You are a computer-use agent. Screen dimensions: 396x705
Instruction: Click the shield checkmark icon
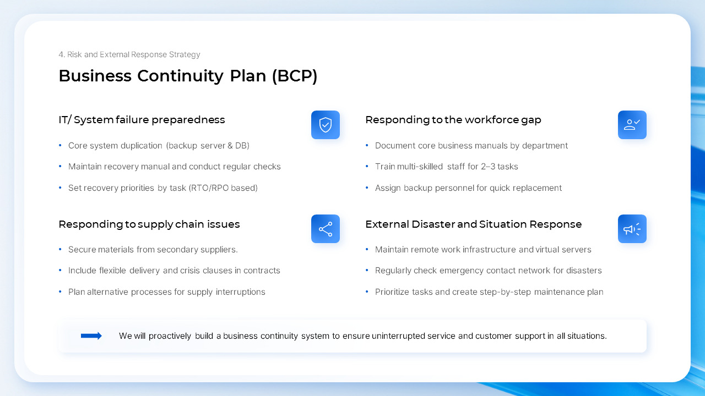pyautogui.click(x=326, y=125)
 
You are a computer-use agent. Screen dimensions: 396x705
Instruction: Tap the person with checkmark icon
pyautogui.click(x=632, y=125)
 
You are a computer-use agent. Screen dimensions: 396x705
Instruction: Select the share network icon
pyautogui.click(x=326, y=229)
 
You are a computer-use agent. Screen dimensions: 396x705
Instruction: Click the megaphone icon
pyautogui.click(x=632, y=229)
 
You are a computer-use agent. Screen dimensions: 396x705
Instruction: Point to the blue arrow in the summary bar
pyautogui.click(x=91, y=336)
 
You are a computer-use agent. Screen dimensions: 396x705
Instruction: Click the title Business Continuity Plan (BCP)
pyautogui.click(x=188, y=76)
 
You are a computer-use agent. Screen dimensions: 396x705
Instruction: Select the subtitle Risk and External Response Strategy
pyautogui.click(x=129, y=54)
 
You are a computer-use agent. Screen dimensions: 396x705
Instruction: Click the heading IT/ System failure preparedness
pyautogui.click(x=142, y=120)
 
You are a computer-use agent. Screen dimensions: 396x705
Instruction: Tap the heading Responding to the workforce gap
pyautogui.click(x=453, y=120)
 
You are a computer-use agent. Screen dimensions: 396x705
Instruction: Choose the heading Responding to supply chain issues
pyautogui.click(x=149, y=224)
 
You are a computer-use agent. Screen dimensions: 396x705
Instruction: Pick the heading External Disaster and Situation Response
pyautogui.click(x=473, y=224)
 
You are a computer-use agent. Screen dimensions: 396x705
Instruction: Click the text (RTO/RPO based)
pyautogui.click(x=223, y=188)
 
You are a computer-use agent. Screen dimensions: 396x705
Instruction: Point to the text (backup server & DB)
pyautogui.click(x=208, y=146)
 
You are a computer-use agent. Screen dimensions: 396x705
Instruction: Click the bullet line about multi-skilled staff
pyautogui.click(x=446, y=167)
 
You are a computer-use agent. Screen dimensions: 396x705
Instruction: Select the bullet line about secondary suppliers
pyautogui.click(x=153, y=250)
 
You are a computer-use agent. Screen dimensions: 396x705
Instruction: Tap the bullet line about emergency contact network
pyautogui.click(x=488, y=271)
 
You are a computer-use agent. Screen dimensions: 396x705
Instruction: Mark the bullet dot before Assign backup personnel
pyautogui.click(x=367, y=188)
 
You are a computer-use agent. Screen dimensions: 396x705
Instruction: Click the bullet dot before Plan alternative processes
pyautogui.click(x=60, y=292)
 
